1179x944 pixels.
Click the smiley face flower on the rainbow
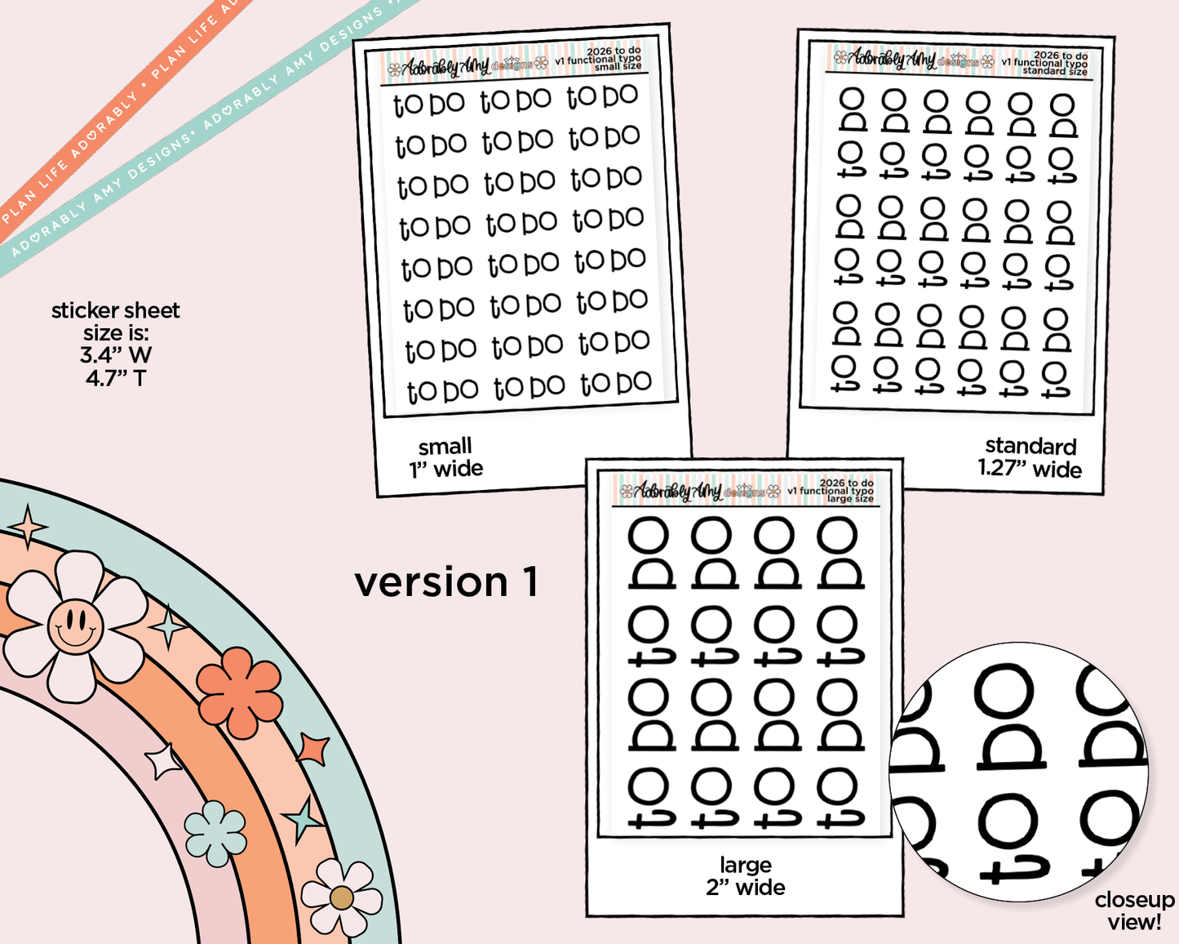(75, 626)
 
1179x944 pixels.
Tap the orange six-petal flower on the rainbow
(240, 691)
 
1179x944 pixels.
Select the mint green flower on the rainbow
(215, 833)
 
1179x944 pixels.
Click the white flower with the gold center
(342, 897)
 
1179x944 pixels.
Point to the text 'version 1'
(445, 582)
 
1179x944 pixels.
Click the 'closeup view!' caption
(1134, 911)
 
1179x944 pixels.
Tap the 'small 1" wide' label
(445, 457)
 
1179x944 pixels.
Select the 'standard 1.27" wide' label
(1030, 457)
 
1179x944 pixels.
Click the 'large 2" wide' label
(746, 876)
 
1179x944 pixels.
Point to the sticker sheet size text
(115, 344)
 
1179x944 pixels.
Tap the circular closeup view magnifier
(1020, 772)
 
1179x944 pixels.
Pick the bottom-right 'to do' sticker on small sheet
(616, 383)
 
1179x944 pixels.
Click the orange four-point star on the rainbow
(313, 749)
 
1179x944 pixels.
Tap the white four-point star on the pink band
(164, 761)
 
